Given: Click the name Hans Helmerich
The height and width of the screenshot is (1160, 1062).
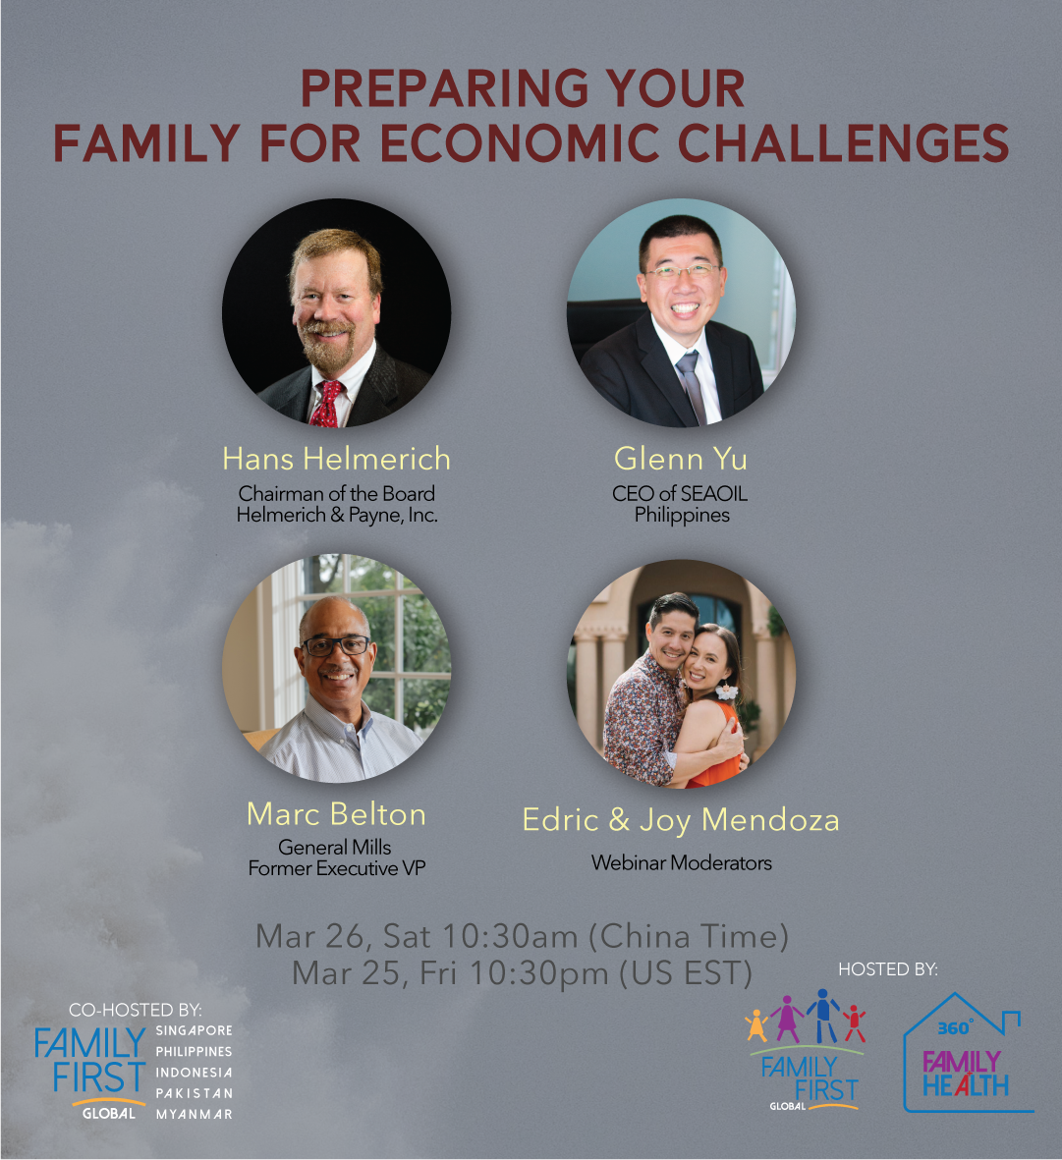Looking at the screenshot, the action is coord(337,459).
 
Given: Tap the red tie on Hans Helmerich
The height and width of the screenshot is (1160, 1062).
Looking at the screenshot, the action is coord(326,404).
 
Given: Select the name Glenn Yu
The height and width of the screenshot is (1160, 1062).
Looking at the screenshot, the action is coord(680,460).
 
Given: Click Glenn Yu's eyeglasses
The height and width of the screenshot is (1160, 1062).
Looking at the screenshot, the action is coord(681,271).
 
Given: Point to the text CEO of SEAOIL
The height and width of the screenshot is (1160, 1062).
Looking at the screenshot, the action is coord(680,493).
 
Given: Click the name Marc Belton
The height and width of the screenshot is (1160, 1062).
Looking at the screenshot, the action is coord(337,814).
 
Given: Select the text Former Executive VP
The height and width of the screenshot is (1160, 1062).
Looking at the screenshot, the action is coord(337,868).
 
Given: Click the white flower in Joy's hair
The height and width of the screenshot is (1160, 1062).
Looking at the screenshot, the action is coord(726,691).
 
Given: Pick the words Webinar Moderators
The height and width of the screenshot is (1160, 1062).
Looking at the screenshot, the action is coord(681,862).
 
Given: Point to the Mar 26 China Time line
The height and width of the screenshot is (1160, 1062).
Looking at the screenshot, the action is coord(522,937).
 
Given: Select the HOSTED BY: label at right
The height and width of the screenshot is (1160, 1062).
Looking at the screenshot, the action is coord(887,969).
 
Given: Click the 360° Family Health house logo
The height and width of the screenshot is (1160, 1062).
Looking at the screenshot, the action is coord(968,1052).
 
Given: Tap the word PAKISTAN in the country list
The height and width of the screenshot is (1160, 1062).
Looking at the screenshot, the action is coord(194,1092).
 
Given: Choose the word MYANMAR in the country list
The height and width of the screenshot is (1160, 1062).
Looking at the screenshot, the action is coord(194,1114).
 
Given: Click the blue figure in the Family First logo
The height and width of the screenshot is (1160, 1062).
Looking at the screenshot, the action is coord(823,1015).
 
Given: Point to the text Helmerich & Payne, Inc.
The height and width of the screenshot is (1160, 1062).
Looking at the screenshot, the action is coord(337,515).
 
